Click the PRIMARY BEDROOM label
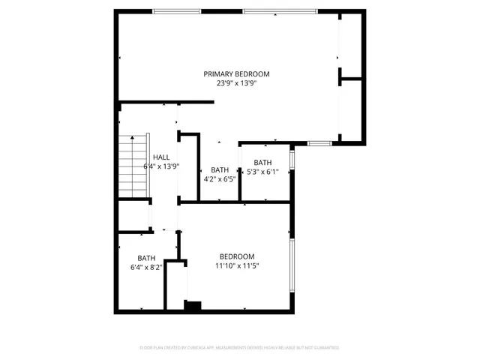(236, 73)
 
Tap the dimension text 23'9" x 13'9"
(236, 83)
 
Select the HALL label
(160, 157)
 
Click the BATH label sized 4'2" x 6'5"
(220, 169)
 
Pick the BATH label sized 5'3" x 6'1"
(262, 163)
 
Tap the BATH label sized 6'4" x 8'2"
(145, 257)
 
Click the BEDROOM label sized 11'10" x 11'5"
(236, 256)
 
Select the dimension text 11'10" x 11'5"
(238, 265)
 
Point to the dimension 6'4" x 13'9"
(160, 166)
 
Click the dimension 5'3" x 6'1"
(262, 172)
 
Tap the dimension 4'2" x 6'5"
(220, 179)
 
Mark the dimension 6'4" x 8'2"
(145, 266)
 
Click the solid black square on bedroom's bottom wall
(193, 305)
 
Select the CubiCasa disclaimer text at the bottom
(239, 347)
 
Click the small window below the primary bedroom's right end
(320, 142)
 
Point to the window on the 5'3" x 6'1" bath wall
(292, 160)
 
